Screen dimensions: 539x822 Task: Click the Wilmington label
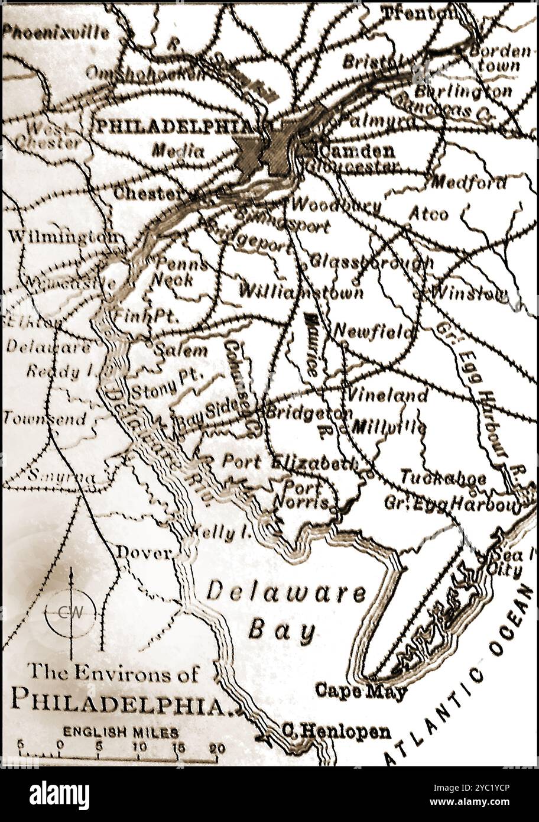62,237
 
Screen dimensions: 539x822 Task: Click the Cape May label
361,690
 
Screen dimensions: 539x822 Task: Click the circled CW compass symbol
70,613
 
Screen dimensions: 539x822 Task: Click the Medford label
469,183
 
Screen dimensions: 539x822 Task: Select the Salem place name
180,350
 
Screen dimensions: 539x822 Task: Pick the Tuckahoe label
443,478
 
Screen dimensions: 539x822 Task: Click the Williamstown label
301,292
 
